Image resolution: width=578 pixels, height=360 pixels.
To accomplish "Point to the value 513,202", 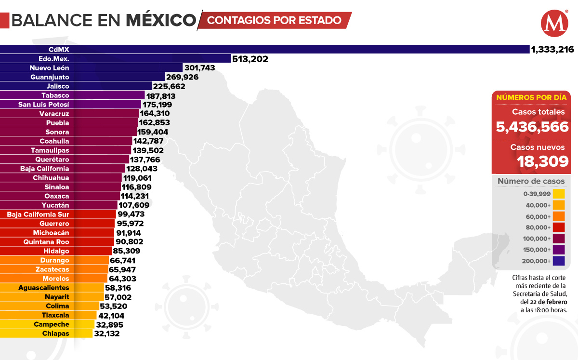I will click(250, 59).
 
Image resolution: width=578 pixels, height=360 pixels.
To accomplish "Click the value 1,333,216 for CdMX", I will click(552, 49).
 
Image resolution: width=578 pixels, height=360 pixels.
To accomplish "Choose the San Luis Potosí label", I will click(44, 105).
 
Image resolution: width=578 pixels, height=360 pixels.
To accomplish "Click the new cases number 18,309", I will click(543, 161).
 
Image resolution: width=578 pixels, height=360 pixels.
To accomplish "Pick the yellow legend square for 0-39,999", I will click(559, 194).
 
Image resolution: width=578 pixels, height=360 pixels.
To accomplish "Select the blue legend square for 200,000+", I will click(559, 261).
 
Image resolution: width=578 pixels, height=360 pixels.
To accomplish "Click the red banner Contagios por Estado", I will click(275, 20).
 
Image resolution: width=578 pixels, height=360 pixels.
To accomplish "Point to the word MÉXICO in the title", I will click(160, 20).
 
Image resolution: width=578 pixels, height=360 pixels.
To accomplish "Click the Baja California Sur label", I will click(38, 214).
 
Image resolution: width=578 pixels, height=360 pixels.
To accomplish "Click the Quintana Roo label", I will click(46, 242).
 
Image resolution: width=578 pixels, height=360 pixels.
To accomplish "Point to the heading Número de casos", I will click(531, 181).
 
